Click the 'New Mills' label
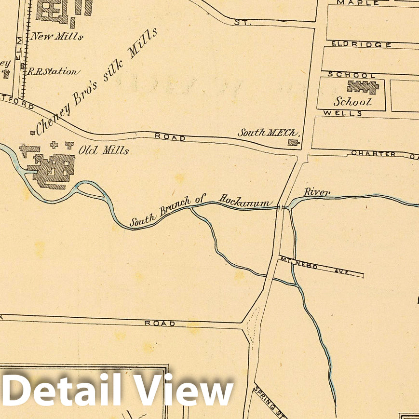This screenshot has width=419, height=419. point(57,36)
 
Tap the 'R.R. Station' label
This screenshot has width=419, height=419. point(53,71)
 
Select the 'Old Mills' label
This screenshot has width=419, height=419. point(103,150)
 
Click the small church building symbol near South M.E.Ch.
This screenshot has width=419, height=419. point(293,142)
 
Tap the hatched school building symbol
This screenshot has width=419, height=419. point(363,87)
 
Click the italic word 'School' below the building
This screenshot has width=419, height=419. point(353,102)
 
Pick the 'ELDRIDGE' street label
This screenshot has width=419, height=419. point(362,44)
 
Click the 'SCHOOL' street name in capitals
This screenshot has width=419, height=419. point(351,75)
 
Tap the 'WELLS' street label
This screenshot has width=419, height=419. point(343,113)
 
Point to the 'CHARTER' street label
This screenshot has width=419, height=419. point(374,153)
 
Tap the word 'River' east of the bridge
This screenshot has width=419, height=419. point(317,192)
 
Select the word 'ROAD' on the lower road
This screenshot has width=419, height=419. point(160,323)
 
